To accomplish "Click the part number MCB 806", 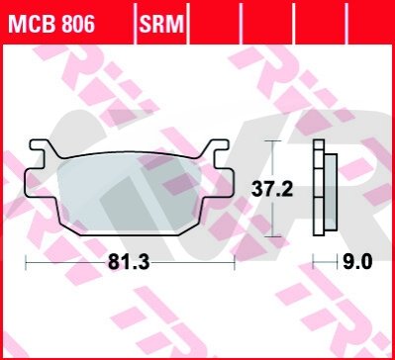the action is (x=51, y=24).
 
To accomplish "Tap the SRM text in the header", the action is (x=161, y=24).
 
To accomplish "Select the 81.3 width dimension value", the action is (x=129, y=263).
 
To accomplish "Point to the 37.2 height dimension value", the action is (x=272, y=190).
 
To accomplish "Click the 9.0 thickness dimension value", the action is (x=357, y=263).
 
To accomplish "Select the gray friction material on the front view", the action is (x=130, y=195).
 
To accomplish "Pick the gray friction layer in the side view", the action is (x=331, y=192).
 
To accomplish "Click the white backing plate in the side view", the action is (x=319, y=187).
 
